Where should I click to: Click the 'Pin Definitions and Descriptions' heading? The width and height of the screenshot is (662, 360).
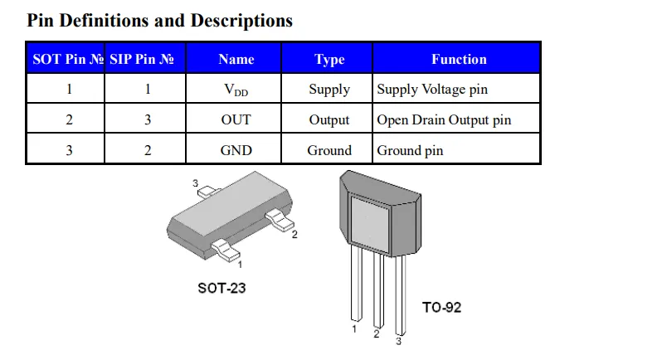(x=159, y=21)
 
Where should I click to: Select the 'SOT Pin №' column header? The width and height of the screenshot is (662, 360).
(x=68, y=59)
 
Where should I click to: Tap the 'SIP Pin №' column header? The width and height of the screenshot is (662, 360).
(x=142, y=59)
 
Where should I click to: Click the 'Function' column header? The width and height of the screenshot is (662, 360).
(x=459, y=59)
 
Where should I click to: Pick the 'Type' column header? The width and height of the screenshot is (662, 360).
(x=329, y=60)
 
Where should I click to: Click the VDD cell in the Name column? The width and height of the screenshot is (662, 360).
(x=236, y=90)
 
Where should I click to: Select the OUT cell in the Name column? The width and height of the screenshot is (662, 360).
(x=236, y=119)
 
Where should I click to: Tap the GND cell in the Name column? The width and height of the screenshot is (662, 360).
(x=236, y=150)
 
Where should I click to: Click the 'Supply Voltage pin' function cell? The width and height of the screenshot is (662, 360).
(x=432, y=90)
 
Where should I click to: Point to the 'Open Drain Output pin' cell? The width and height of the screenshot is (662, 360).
(x=444, y=119)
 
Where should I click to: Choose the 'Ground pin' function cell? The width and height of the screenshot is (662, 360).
(x=410, y=151)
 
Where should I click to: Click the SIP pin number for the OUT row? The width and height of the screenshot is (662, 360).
(x=148, y=119)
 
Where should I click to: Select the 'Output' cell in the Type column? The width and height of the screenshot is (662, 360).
(x=329, y=120)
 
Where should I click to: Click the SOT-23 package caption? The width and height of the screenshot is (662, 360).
(x=221, y=289)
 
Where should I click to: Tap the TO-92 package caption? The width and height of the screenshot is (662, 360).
(x=441, y=307)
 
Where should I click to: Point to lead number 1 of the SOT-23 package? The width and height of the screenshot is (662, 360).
(x=226, y=250)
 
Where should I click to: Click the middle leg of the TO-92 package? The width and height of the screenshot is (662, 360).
(x=379, y=290)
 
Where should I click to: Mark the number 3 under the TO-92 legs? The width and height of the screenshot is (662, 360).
(x=398, y=341)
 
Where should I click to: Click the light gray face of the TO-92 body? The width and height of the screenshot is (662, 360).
(x=370, y=224)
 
